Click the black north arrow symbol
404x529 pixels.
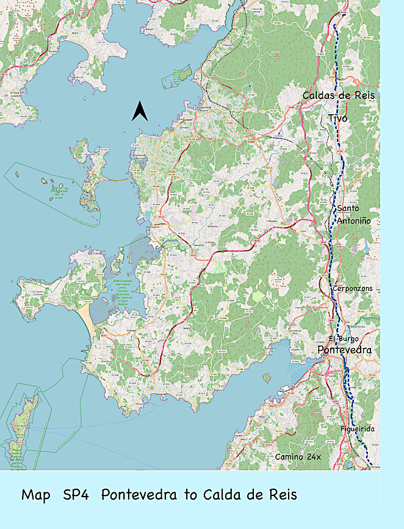140,111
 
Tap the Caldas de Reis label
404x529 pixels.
339,96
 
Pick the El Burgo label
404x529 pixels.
344,338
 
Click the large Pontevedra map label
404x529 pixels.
344,350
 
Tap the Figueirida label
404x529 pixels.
358,429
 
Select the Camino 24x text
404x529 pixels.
297,457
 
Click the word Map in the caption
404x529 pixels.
36,495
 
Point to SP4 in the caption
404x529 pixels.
76,495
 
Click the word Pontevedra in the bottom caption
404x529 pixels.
144,495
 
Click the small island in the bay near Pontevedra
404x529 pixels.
267,378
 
